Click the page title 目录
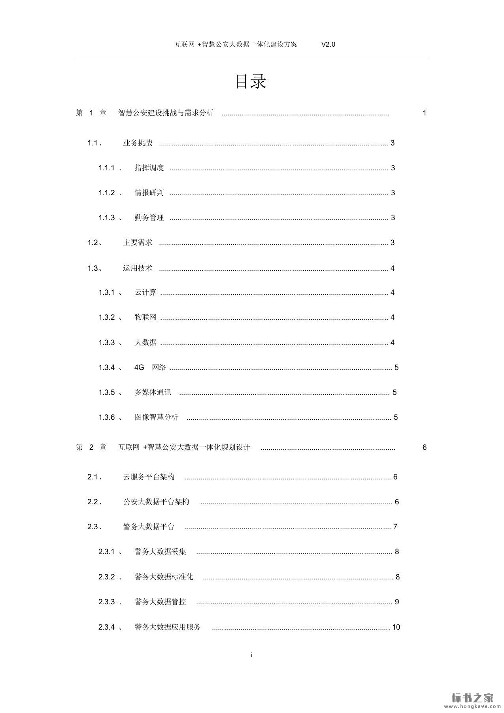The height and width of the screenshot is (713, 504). coord(251,81)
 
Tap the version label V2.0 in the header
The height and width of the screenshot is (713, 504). coord(328,44)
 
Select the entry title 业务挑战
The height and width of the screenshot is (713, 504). coord(138,143)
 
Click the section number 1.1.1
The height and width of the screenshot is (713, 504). coord(106,168)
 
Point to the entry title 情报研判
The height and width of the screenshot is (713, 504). coord(149,193)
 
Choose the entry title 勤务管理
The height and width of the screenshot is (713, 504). coord(149,218)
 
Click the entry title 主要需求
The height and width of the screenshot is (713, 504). coord(138,243)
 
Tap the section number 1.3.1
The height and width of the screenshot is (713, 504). coord(106,292)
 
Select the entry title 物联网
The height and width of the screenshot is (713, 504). coord(145,317)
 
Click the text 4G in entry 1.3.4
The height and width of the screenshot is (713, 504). coord(139,368)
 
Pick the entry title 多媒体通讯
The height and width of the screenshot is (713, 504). coord(153,392)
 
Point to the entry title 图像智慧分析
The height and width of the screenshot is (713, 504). coord(157,417)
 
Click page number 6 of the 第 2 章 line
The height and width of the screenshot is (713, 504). coord(425,447)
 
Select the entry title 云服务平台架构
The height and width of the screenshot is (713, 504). coord(149,477)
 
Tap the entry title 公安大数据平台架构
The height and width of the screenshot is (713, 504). coord(156,502)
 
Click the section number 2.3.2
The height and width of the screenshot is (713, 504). coord(106,577)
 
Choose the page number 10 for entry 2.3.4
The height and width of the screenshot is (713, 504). coord(396,627)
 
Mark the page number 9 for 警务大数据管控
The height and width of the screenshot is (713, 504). coord(397,602)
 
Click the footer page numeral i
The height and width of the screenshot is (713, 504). coord(252,655)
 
